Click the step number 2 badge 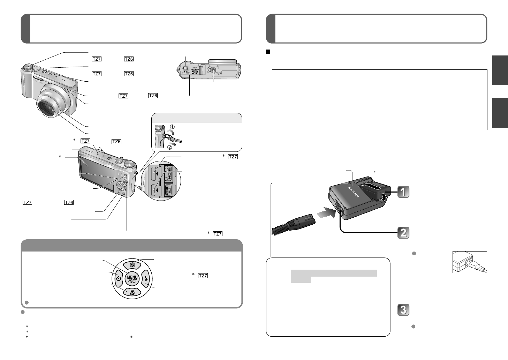(x=403, y=233)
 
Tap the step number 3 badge (x=403, y=310)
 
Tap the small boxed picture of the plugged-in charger (x=470, y=262)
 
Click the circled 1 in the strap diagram (x=172, y=127)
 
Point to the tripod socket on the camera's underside (x=213, y=70)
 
